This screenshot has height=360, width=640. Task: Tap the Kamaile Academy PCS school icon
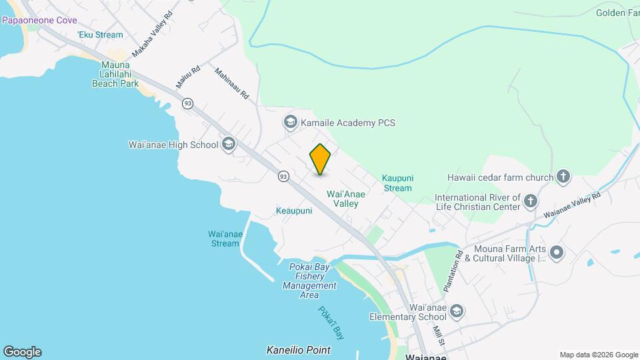pos(290,122)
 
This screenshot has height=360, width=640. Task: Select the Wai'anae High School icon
pos(229,145)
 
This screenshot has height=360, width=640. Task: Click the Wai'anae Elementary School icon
pos(457,311)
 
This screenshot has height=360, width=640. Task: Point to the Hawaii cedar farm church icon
pos(563,177)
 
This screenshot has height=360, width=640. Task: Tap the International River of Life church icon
pos(531,201)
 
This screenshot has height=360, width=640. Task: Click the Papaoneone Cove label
pos(39,20)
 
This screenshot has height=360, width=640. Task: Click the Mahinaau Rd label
pos(231,83)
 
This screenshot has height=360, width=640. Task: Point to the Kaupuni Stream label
pos(397,183)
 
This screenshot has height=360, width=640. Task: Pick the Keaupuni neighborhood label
pos(294,211)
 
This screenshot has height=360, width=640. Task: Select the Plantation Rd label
pos(452,273)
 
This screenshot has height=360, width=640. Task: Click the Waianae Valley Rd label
pos(571,205)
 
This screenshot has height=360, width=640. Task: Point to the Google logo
pos(22,352)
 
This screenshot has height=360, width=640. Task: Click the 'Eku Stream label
pos(100,35)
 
